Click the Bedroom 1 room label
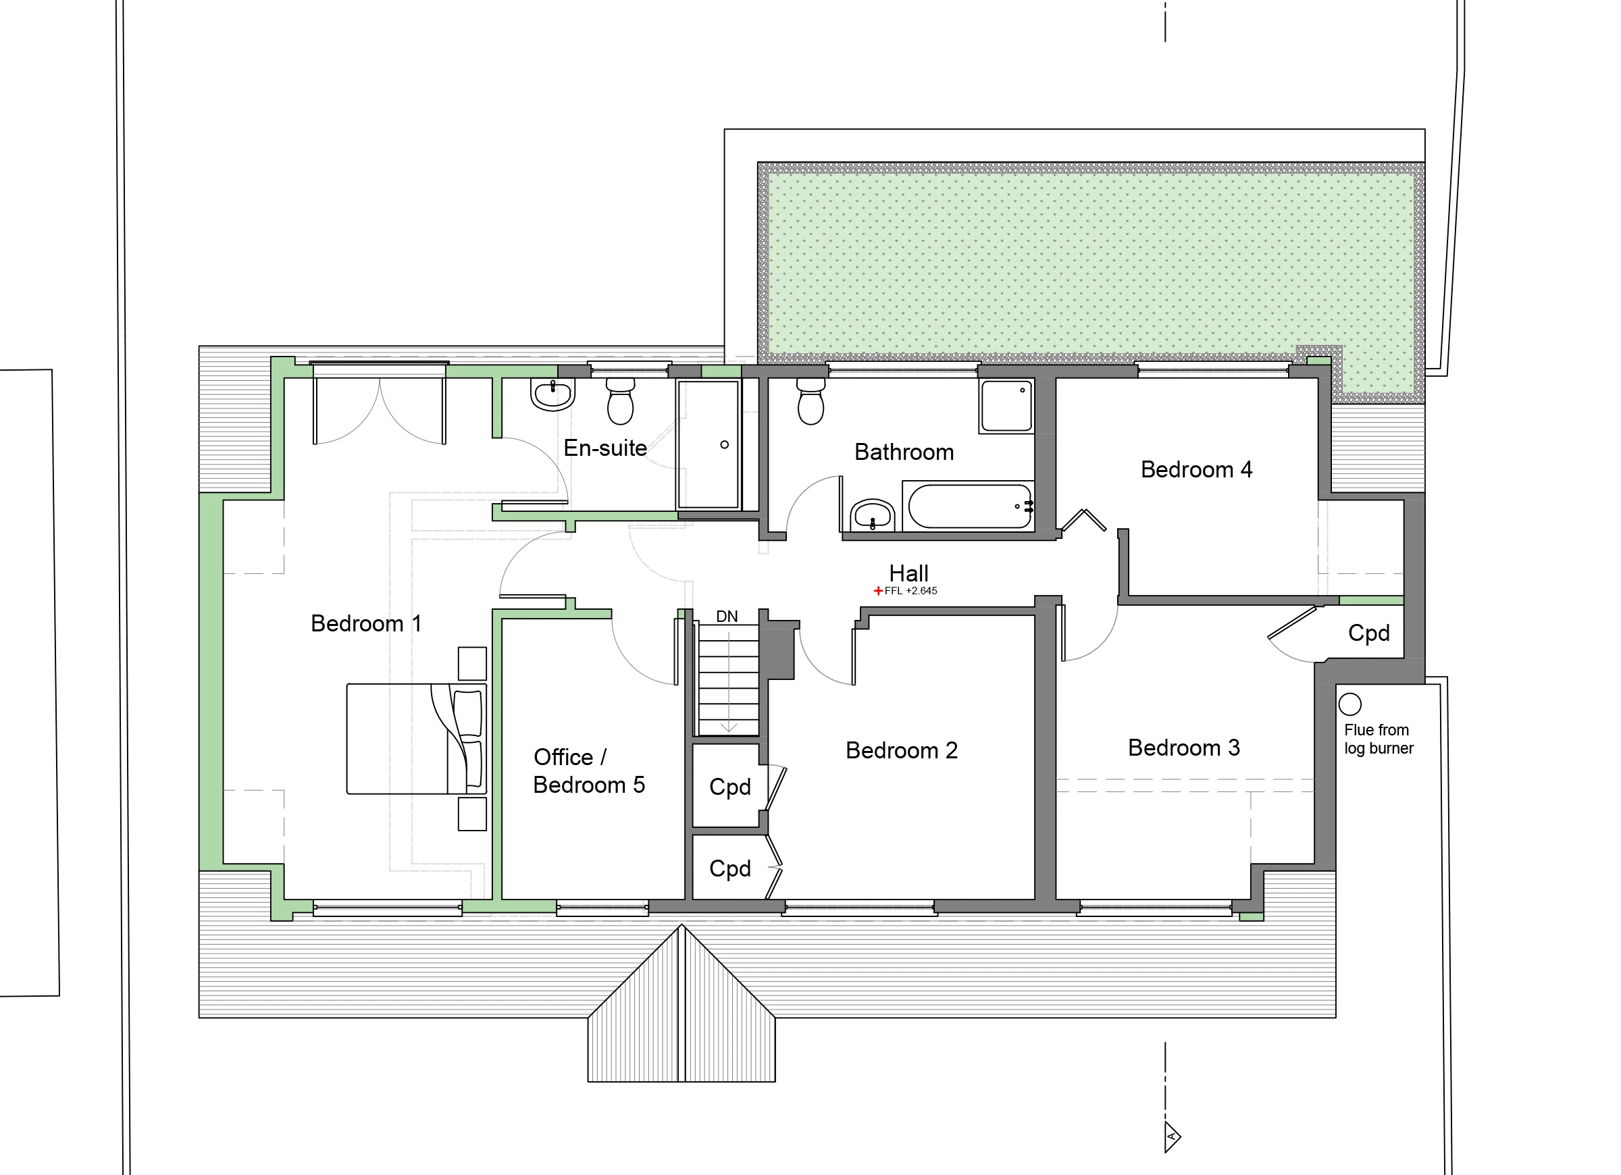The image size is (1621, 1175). tap(366, 623)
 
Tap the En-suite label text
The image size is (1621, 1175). tap(605, 448)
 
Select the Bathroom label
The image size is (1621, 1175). tap(904, 452)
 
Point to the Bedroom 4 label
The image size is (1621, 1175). tap(1196, 469)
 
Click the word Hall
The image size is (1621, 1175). tap(908, 573)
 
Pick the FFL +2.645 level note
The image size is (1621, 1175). tap(906, 591)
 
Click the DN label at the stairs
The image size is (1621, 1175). tap(727, 616)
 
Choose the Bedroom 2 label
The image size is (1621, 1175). tap(901, 750)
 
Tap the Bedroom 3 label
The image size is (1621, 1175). tap(1183, 748)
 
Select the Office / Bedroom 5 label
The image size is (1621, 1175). tap(589, 771)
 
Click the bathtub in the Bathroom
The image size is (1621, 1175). tap(969, 506)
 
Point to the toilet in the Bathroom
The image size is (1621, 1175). tap(810, 401)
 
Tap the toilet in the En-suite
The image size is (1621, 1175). tap(621, 401)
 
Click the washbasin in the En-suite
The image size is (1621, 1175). tap(552, 394)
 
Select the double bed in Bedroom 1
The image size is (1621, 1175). tap(417, 739)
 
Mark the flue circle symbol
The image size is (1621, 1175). tap(1350, 705)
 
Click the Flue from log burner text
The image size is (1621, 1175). tap(1379, 739)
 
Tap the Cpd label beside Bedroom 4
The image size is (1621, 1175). tap(1368, 633)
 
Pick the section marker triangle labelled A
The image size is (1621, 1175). tap(1172, 1137)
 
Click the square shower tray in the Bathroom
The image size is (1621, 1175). tap(1006, 406)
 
